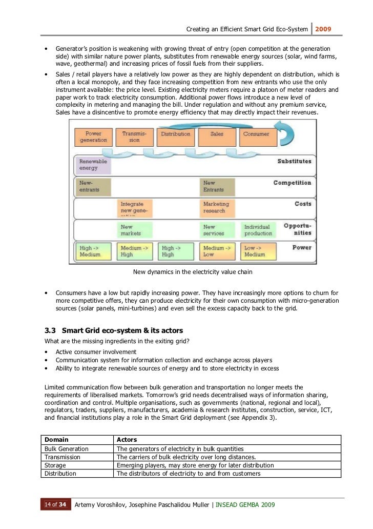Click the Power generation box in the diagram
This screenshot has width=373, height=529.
pyautogui.click(x=93, y=137)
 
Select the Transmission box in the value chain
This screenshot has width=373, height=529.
pyautogui.click(x=134, y=137)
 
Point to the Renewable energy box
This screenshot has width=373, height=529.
pyautogui.click(x=93, y=165)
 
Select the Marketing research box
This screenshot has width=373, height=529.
pyautogui.click(x=217, y=207)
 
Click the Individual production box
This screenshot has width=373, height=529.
pyautogui.click(x=258, y=230)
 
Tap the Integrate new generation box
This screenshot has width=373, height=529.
pyautogui.click(x=134, y=207)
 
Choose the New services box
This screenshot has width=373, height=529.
pyautogui.click(x=217, y=230)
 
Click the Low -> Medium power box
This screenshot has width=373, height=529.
pyautogui.click(x=258, y=251)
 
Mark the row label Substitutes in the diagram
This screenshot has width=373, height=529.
pyautogui.click(x=294, y=162)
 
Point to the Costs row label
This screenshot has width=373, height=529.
pyautogui.click(x=303, y=204)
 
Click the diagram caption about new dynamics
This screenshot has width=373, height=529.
pyautogui.click(x=193, y=272)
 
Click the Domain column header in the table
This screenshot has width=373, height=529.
pyautogui.click(x=56, y=440)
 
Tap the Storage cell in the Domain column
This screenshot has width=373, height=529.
pyautogui.click(x=55, y=465)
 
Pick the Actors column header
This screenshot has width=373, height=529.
pyautogui.click(x=127, y=440)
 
